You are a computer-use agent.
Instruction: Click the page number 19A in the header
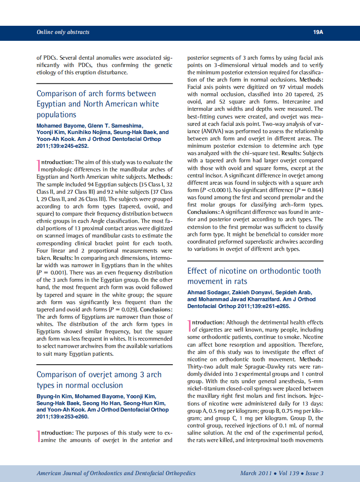(x=318, y=32)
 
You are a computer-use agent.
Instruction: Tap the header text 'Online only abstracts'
(x=63, y=32)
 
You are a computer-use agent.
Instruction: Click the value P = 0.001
(x=51, y=272)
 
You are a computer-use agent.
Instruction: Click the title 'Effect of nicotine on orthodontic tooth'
(x=254, y=271)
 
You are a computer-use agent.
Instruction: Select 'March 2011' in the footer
(x=256, y=473)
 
